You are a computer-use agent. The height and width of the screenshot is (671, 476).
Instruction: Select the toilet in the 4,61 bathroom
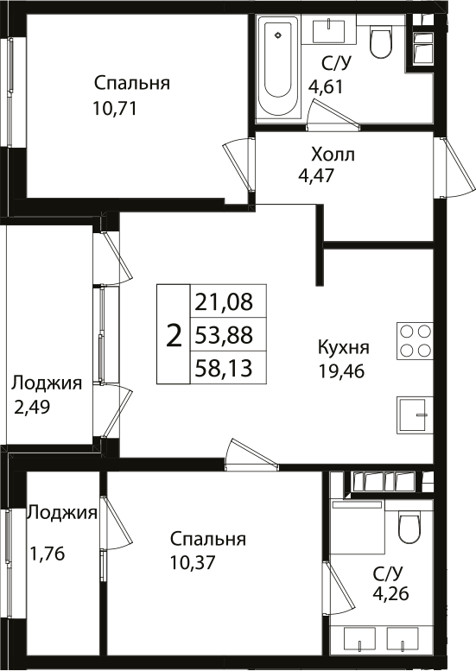380,41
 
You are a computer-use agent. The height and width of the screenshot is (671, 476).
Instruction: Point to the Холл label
333,155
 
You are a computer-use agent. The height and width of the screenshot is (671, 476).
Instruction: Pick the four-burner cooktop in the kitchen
414,340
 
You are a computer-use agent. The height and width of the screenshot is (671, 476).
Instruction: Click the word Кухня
343,348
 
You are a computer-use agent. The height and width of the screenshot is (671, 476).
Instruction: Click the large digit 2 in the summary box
174,335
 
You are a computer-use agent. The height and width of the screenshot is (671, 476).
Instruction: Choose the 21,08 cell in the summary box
218,302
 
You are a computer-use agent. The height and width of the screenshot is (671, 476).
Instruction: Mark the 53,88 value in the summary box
218,335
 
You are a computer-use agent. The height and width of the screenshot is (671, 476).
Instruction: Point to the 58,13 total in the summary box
218,369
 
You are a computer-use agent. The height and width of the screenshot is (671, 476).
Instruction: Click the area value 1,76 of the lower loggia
48,553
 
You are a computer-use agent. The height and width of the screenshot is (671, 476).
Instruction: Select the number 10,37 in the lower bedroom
193,562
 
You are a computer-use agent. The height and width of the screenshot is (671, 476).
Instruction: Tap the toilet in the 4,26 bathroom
408,526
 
